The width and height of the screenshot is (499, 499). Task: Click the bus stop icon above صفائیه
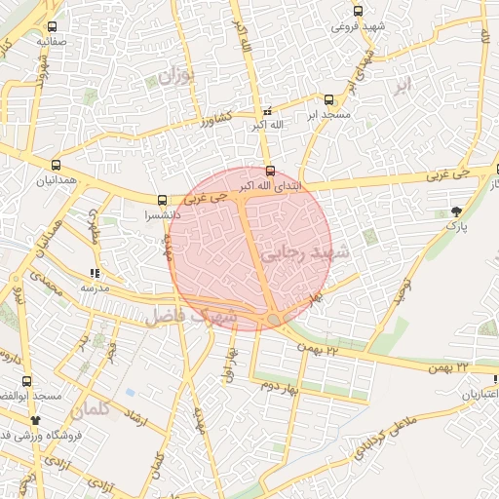click(51, 27)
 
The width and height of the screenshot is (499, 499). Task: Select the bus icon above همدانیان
click(56, 165)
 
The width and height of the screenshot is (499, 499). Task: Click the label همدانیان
click(55, 180)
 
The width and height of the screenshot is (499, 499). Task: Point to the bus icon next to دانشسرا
click(162, 200)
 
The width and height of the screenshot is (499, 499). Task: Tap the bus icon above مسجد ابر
click(327, 99)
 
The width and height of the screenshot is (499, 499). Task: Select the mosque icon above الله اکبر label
click(268, 111)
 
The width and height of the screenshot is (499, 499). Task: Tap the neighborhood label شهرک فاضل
click(191, 316)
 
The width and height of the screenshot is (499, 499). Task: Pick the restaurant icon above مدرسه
click(95, 274)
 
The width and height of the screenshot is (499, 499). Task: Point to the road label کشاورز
click(218, 122)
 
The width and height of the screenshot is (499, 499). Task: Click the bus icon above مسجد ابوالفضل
click(26, 381)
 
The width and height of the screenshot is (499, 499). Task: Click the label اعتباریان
click(479, 395)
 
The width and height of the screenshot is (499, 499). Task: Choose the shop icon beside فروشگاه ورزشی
click(36, 420)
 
